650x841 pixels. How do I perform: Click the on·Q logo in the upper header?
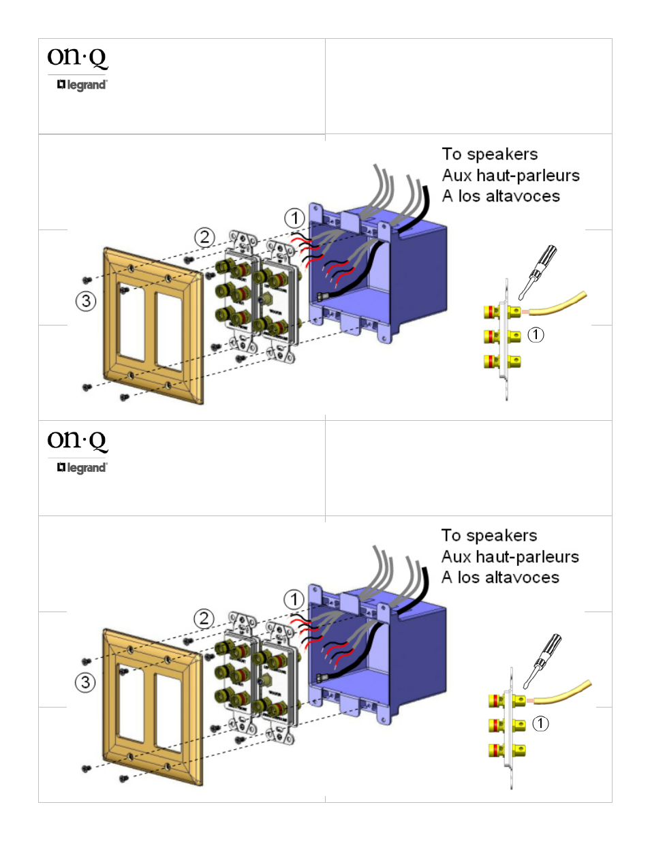click(77, 57)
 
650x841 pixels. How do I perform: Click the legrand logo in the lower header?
click(82, 467)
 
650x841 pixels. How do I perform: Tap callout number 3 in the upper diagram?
click(86, 301)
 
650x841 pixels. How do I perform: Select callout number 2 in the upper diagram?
click(204, 238)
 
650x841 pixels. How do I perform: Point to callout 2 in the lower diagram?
click(204, 619)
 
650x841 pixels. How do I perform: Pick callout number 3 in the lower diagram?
click(85, 682)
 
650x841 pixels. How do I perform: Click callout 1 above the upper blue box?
click(294, 219)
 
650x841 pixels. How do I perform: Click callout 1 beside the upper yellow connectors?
click(536, 334)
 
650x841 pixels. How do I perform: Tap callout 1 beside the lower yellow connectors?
click(540, 723)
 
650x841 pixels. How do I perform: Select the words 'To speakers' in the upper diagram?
click(489, 154)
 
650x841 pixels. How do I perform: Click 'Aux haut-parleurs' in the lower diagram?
click(510, 556)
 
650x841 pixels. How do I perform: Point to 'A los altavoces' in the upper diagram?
click(501, 196)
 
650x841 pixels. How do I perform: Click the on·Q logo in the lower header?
click(77, 440)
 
